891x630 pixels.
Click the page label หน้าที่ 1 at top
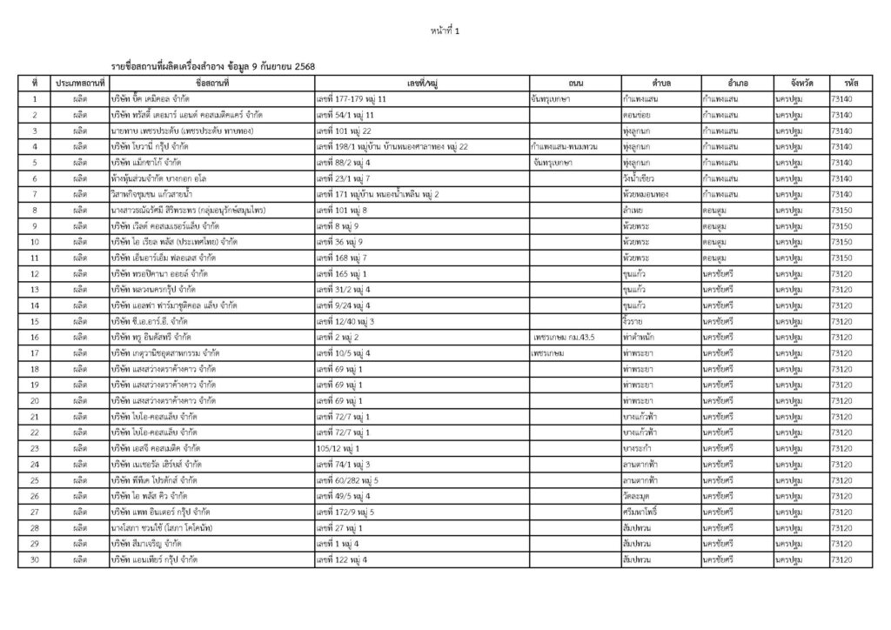(x=445, y=32)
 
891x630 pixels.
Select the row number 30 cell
(x=34, y=560)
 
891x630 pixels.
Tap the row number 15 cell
(x=34, y=320)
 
